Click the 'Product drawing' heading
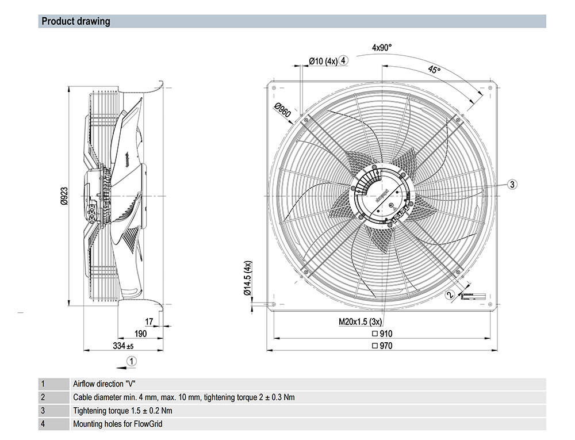75,22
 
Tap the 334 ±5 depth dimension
122,346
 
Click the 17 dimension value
149,322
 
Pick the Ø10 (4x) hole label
323,60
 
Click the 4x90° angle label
381,48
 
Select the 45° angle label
434,70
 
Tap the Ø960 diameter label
283,110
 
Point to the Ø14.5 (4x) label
247,278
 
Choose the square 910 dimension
382,334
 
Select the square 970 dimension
382,346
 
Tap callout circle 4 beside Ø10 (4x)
343,60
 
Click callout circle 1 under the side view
132,361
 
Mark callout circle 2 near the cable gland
450,294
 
